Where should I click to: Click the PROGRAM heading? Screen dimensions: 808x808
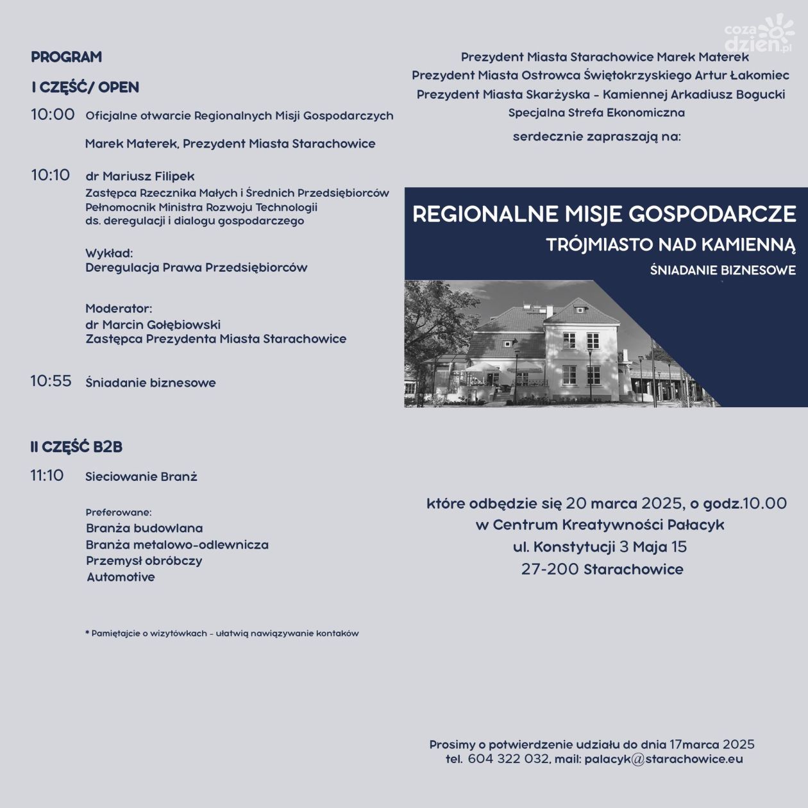66,57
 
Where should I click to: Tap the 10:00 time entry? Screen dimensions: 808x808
53,115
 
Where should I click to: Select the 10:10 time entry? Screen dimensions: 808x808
50,175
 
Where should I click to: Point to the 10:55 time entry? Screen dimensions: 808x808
51,381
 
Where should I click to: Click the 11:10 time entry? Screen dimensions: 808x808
47,476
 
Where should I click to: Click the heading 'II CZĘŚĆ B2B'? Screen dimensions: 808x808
76,447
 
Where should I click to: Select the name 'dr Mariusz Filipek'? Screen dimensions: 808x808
140,176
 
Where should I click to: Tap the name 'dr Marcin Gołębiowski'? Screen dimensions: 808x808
153,324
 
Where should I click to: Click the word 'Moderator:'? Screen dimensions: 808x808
119,309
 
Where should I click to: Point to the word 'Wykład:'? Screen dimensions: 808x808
109,253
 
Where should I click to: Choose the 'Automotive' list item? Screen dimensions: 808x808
121,577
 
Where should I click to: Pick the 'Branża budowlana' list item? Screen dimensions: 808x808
144,528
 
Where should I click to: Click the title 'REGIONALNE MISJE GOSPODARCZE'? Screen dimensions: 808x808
604,214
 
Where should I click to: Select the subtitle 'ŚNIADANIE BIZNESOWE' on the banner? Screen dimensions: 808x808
723,271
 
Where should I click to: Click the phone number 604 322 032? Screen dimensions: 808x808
508,759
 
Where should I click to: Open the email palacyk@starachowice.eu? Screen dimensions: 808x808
663,759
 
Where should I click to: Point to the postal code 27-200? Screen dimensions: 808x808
550,569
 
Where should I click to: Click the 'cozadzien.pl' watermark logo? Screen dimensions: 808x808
759,36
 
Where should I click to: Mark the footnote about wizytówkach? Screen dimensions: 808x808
222,634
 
